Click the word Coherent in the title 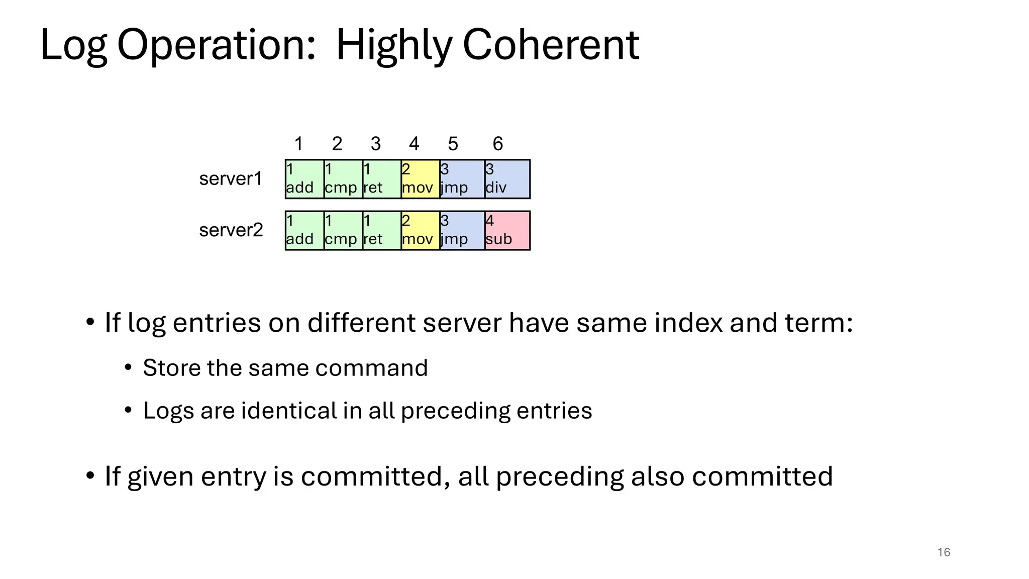(551, 45)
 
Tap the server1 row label (231, 179)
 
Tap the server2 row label (231, 230)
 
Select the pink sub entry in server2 (507, 231)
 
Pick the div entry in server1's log (507, 179)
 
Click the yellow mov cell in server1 (420, 179)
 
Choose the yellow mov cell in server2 (420, 231)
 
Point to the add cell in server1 (304, 179)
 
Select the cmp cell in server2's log (343, 231)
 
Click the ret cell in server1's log (381, 179)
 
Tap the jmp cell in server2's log (462, 231)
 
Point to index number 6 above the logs (497, 144)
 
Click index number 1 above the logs (298, 144)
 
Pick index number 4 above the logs (414, 144)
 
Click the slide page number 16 (944, 552)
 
